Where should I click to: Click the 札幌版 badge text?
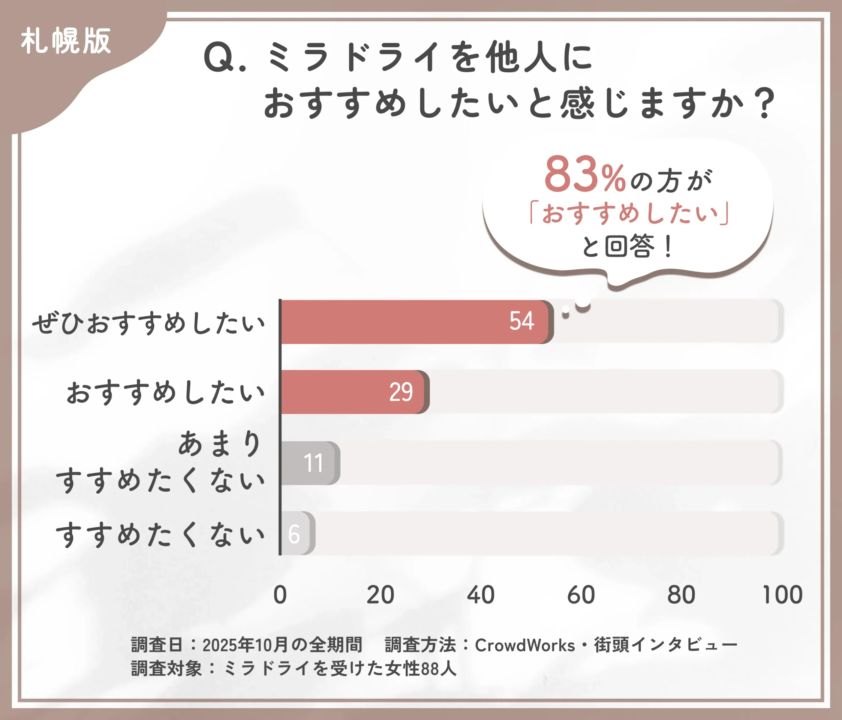(66, 41)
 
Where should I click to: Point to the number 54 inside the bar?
(522, 321)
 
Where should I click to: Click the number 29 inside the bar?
(401, 392)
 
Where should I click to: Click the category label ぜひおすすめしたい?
(149, 324)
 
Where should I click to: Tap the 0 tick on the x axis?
(280, 595)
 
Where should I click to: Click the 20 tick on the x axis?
(380, 595)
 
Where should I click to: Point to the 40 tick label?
(481, 595)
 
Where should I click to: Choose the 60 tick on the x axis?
(581, 595)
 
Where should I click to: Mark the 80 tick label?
(681, 595)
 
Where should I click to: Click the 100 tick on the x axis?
(782, 595)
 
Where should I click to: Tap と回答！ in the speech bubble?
(628, 246)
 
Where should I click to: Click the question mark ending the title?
(766, 104)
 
